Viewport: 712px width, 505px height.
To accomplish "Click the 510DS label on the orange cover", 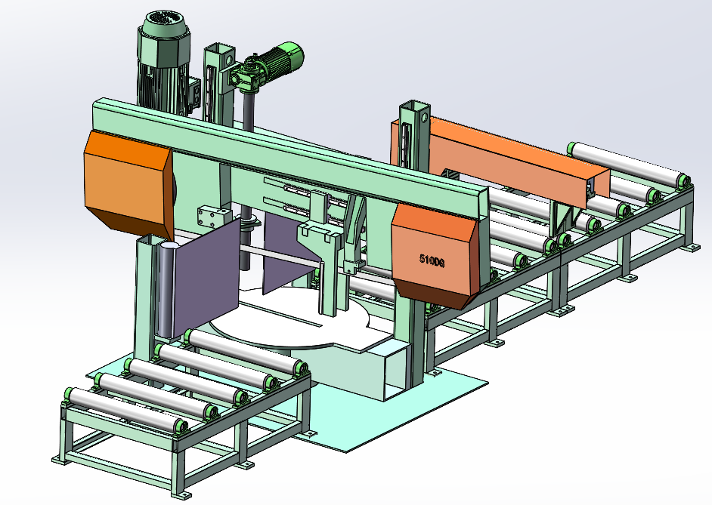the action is click(x=432, y=260).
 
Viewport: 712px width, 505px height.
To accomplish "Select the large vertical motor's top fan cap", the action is click(x=164, y=23).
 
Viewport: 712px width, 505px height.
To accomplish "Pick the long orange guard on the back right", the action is click(x=500, y=159).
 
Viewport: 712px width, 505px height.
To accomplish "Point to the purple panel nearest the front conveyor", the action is click(x=206, y=276).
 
